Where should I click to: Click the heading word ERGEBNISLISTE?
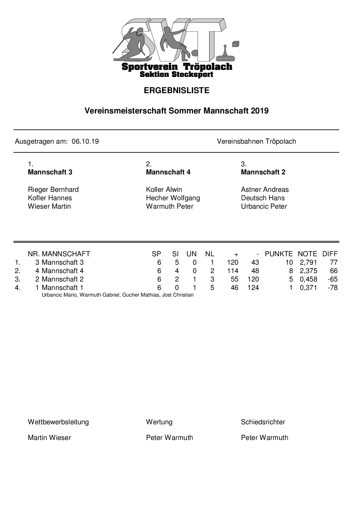[x=177, y=91]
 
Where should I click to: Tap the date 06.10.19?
[x=85, y=142]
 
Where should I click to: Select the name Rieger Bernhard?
[x=53, y=189]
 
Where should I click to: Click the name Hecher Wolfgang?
[x=173, y=198]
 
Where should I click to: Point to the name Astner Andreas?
[x=265, y=189]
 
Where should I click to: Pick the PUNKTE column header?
[x=279, y=254]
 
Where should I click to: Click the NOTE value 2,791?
[x=308, y=263]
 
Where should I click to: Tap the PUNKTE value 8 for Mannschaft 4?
[x=291, y=271]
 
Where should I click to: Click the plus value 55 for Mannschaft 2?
[x=234, y=279]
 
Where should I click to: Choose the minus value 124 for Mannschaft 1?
[x=253, y=288]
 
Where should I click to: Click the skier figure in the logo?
[x=134, y=42]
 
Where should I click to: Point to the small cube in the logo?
[x=235, y=44]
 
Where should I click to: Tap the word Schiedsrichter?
[x=263, y=422]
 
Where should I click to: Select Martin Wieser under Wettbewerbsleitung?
[x=49, y=438]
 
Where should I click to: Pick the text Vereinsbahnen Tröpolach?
[x=256, y=142]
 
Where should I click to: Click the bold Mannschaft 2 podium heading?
[x=263, y=172]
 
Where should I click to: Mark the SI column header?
[x=175, y=254]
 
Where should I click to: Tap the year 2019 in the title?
[x=260, y=111]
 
